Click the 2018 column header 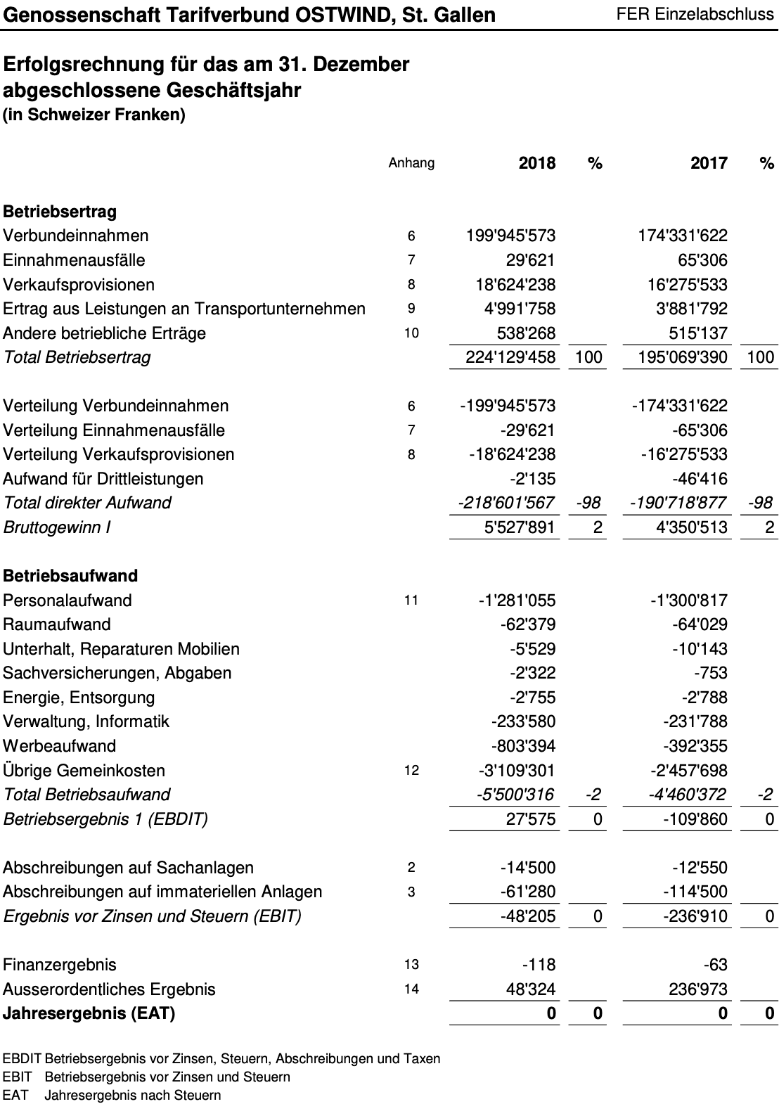536,163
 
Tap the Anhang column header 411,163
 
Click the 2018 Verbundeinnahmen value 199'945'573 510,236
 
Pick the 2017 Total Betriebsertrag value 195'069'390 683,357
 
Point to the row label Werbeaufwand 60,746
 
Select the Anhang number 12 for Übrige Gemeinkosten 411,771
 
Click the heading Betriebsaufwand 70,576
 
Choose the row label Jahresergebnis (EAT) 89,1013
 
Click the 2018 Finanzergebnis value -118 539,965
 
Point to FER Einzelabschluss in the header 694,14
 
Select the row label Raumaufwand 57,624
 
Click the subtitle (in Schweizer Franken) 94,115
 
